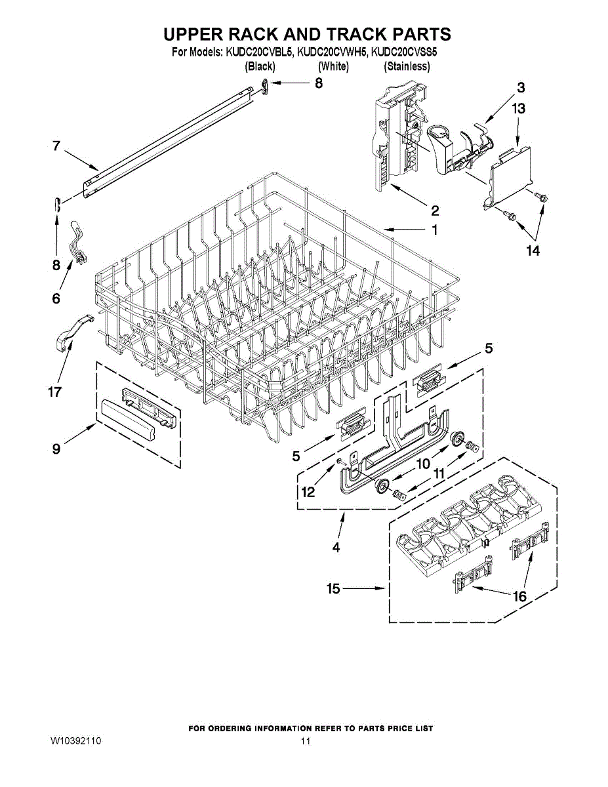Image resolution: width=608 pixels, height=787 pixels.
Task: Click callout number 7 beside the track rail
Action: tap(56, 147)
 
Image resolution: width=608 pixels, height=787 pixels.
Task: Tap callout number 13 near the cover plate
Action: tap(518, 110)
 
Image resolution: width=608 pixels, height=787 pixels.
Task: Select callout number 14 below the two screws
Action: tap(532, 251)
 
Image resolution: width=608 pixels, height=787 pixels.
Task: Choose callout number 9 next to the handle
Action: tap(56, 449)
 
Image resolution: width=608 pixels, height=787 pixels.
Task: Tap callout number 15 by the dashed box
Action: tap(333, 589)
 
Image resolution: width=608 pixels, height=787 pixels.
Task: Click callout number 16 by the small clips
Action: tap(519, 596)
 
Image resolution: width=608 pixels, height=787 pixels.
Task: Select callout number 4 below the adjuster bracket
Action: tap(336, 548)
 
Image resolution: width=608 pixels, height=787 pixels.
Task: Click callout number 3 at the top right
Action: tap(520, 87)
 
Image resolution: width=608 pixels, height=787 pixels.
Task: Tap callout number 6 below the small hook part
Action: tap(56, 298)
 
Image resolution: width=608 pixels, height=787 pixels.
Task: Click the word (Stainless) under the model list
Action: tap(407, 66)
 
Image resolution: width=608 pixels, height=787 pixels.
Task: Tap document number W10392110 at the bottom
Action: tap(75, 741)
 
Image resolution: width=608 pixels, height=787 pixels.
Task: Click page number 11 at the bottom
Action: tap(305, 741)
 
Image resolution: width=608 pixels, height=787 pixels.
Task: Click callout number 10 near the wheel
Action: tap(423, 464)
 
